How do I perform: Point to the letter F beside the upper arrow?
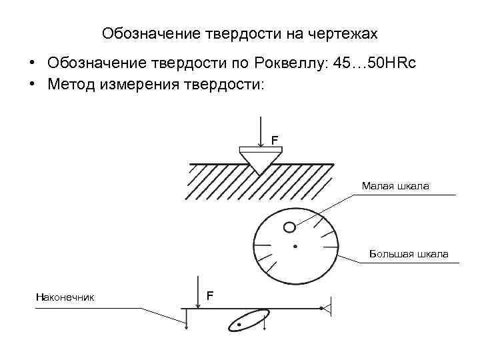point(273,139)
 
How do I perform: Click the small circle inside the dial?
point(289,227)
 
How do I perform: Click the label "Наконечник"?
point(65,297)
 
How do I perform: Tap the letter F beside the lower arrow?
point(210,295)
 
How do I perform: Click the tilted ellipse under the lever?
point(248,320)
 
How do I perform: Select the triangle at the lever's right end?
point(326,308)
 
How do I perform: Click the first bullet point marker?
point(31,63)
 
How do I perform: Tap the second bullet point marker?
point(31,85)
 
